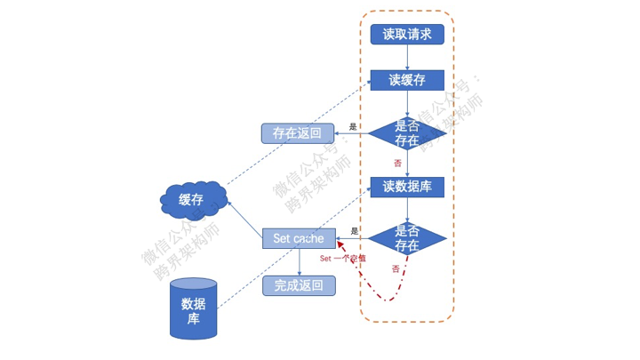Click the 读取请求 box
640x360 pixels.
(407, 35)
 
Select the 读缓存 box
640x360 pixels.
(407, 80)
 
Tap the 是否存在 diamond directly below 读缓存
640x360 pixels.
(407, 133)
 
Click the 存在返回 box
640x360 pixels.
(298, 133)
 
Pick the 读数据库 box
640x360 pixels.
(407, 186)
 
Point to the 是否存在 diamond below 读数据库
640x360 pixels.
(407, 238)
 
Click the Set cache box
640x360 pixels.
(299, 238)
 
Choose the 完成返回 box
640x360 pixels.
(299, 285)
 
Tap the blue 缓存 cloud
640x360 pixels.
(192, 199)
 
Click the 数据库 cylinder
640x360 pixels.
(194, 308)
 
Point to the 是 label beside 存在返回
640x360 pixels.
(353, 127)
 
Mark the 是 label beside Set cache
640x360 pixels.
(355, 231)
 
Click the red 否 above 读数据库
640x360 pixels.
(397, 164)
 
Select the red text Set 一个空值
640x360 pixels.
(342, 258)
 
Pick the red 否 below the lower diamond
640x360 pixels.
(395, 268)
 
